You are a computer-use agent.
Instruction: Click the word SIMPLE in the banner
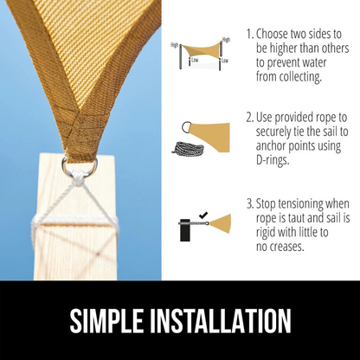(x=106, y=321)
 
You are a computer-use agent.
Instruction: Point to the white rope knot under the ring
(x=79, y=179)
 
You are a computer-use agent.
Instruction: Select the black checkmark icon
(x=203, y=215)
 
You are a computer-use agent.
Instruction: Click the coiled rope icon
(x=188, y=148)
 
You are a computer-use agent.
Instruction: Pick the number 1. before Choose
(x=250, y=34)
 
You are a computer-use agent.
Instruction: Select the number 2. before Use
(x=250, y=118)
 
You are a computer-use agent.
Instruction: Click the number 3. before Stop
(x=250, y=204)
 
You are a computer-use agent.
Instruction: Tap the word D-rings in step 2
(x=273, y=160)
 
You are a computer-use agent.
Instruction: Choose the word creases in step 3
(x=286, y=247)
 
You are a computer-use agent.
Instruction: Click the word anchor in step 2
(x=273, y=145)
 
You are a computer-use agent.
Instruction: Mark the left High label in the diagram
(x=175, y=45)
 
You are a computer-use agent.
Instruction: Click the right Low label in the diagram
(x=225, y=61)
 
